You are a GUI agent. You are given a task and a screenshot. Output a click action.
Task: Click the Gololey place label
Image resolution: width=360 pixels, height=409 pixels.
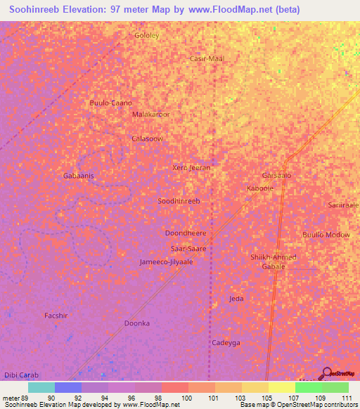coord(147,34)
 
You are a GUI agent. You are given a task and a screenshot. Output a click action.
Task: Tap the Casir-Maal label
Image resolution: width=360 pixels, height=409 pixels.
coord(207,59)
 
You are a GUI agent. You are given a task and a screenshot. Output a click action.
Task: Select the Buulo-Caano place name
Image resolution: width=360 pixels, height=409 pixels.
coord(110,103)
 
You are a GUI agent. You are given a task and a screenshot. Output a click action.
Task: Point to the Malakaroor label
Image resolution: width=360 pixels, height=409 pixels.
coord(151,114)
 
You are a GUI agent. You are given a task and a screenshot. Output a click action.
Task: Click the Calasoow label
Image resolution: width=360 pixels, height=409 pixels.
coord(148,139)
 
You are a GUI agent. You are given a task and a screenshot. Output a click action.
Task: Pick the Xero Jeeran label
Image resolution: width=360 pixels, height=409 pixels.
coord(191,168)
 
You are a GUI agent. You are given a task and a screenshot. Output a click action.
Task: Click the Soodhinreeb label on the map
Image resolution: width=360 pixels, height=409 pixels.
coord(179,201)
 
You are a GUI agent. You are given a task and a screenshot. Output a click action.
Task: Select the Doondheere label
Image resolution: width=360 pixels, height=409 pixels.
coord(185,233)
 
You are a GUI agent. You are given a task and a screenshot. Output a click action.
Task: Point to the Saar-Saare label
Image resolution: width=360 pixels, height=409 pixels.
coord(188,249)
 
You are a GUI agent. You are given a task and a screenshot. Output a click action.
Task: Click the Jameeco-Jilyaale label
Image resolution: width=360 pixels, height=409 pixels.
coord(166,261)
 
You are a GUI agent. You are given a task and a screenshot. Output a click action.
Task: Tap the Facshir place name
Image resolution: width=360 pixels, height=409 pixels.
coord(56,316)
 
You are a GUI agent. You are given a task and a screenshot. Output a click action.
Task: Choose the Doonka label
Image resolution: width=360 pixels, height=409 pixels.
coord(137,323)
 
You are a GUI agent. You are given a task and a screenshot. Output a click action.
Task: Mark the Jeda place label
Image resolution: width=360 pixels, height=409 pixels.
coord(236,299)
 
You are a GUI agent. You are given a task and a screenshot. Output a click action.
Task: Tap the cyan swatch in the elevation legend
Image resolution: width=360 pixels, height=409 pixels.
coord(41,387)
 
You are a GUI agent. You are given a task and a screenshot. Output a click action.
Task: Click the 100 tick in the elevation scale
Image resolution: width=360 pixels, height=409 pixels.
coord(187,398)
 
